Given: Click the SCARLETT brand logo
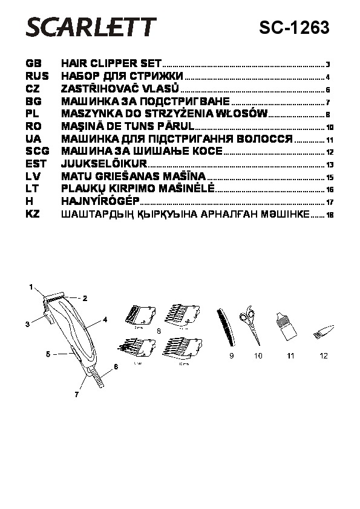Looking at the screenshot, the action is [91, 27].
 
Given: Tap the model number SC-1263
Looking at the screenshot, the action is [294, 28].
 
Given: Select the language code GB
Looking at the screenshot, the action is [33, 63].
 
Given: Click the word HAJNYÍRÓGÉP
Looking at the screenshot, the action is [100, 201].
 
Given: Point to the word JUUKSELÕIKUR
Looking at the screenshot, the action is [104, 163].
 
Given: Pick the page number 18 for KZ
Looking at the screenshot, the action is [330, 215].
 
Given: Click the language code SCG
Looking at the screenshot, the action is [38, 151].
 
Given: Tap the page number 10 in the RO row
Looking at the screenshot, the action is [330, 128].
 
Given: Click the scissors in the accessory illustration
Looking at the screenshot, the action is [251, 325].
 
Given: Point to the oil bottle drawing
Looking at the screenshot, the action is [286, 326].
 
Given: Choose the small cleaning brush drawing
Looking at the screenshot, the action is [324, 331].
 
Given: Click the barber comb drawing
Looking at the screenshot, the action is [226, 328].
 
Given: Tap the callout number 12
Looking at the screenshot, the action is [324, 356].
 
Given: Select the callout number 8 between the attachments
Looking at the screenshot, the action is [159, 331].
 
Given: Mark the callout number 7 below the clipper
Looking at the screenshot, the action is [77, 394].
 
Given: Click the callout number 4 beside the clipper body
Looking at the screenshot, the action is [105, 320].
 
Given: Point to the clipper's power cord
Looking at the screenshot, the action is [97, 378].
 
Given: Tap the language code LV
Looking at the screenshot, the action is [33, 177].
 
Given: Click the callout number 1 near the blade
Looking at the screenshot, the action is [31, 287].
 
